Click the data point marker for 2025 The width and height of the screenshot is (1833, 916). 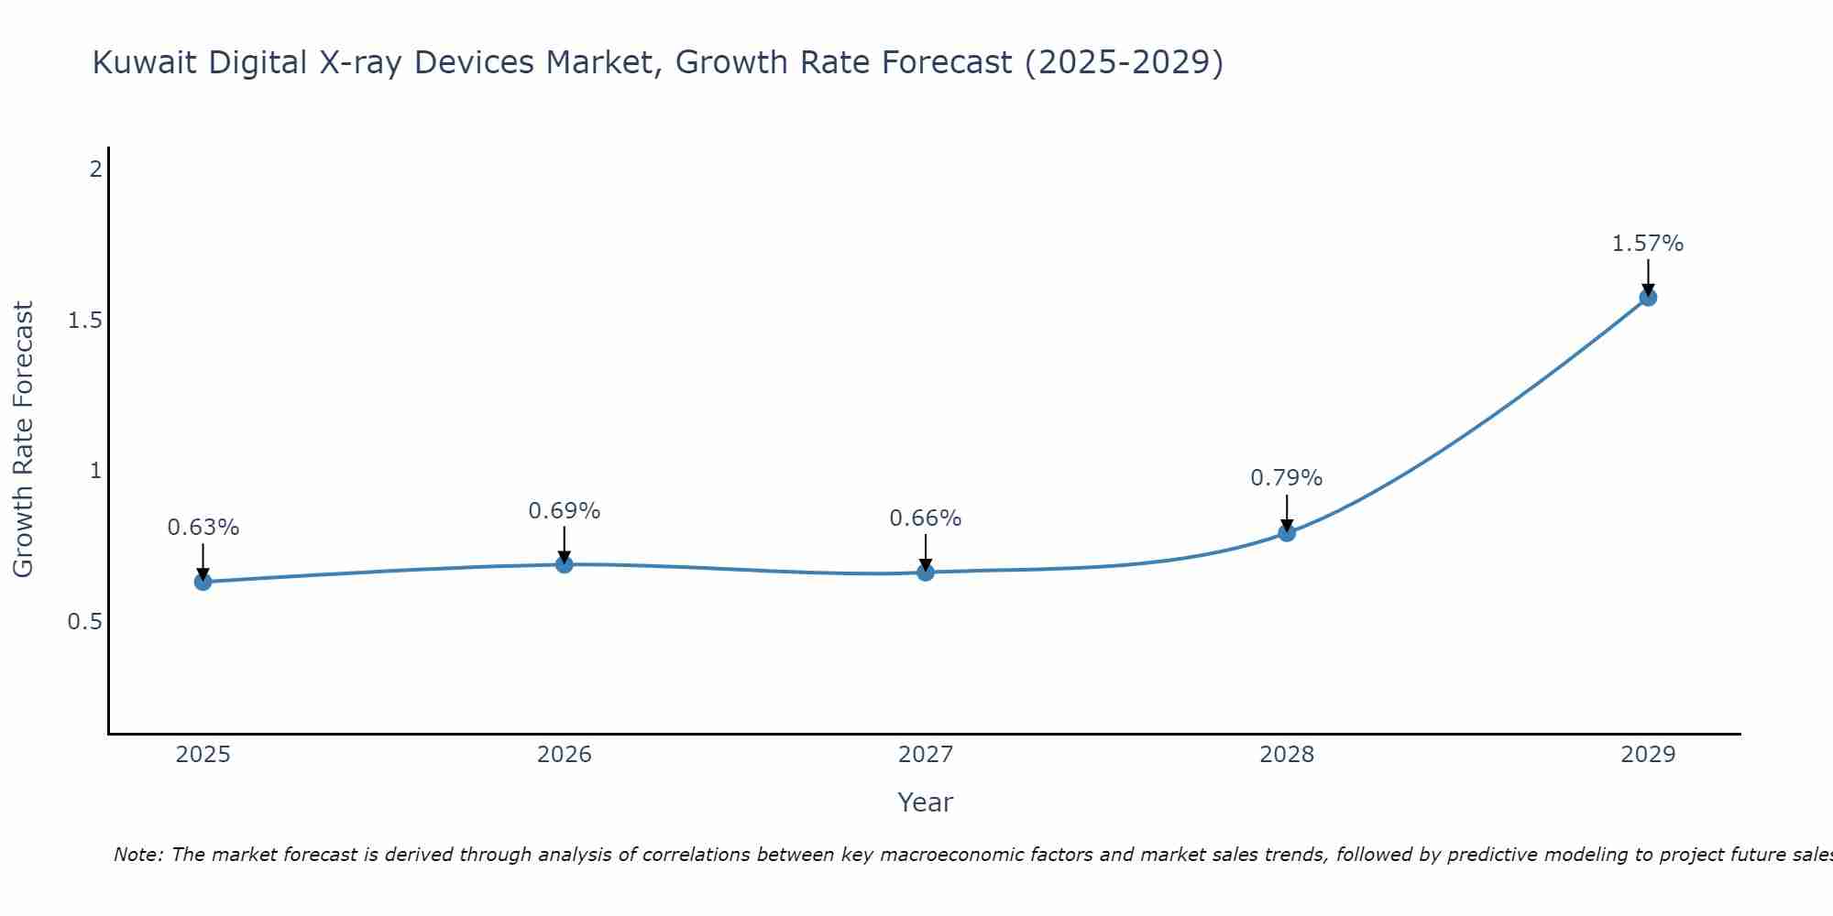point(203,582)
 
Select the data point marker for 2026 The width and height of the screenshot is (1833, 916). point(565,564)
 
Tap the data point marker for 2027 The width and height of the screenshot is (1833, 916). point(926,572)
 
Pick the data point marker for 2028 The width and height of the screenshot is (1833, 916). point(1287,533)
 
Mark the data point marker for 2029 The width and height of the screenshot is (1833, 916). point(1648,297)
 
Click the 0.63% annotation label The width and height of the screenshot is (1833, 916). point(203,528)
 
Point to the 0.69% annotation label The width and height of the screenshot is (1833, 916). point(565,511)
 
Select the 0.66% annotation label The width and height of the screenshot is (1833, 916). point(926,518)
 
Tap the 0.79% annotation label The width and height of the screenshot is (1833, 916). point(1287,478)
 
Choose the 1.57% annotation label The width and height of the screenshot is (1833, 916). point(1648,244)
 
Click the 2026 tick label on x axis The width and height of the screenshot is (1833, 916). point(565,755)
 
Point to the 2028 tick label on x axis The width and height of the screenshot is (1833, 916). point(1287,755)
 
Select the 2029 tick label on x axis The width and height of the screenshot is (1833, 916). point(1648,755)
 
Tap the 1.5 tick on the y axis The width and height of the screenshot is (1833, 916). point(84,321)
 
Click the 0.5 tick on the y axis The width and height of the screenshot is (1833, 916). point(84,622)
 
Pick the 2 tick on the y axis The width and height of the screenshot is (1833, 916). point(94,169)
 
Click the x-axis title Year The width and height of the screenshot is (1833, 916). point(926,802)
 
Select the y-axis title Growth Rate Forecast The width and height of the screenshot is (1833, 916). point(24,440)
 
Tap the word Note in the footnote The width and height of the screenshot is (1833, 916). point(137,855)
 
